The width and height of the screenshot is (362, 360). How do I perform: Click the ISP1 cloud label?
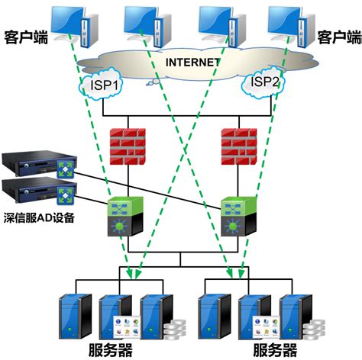point(104,86)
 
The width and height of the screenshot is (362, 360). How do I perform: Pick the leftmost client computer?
point(76,23)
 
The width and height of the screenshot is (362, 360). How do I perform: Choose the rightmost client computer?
point(289,23)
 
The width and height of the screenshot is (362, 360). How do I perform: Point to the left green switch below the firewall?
point(126,216)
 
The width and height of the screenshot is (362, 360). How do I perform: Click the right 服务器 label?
point(273,350)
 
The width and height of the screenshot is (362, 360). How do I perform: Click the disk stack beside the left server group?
point(174,330)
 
